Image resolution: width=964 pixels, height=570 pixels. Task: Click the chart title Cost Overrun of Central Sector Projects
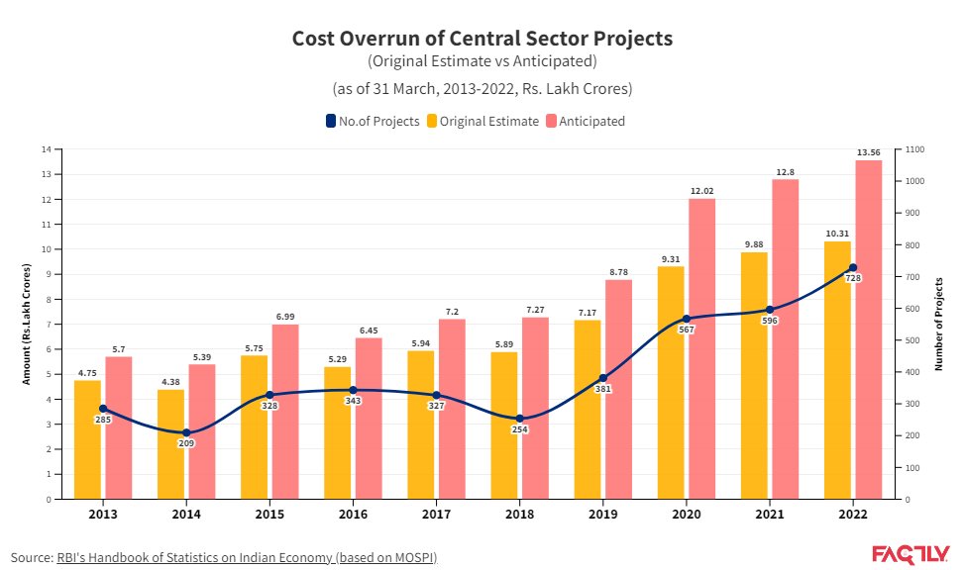pyautogui.click(x=482, y=39)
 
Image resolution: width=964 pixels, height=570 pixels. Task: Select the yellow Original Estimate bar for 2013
pyautogui.click(x=87, y=439)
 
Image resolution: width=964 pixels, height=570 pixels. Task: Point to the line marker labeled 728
pyautogui.click(x=853, y=268)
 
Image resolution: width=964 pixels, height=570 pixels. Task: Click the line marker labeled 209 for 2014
pyautogui.click(x=186, y=432)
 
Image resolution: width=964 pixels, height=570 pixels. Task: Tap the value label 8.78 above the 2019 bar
pyautogui.click(x=618, y=271)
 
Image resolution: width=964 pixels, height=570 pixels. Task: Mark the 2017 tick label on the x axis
pyautogui.click(x=436, y=515)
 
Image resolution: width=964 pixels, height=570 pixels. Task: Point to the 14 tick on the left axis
pyautogui.click(x=46, y=149)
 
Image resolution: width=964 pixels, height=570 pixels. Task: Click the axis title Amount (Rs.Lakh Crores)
pyautogui.click(x=27, y=325)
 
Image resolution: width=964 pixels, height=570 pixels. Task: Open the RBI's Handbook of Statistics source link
pyautogui.click(x=246, y=557)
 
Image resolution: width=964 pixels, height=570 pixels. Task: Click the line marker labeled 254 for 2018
pyautogui.click(x=520, y=418)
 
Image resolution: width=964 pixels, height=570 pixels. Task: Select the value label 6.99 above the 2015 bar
pyautogui.click(x=284, y=316)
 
